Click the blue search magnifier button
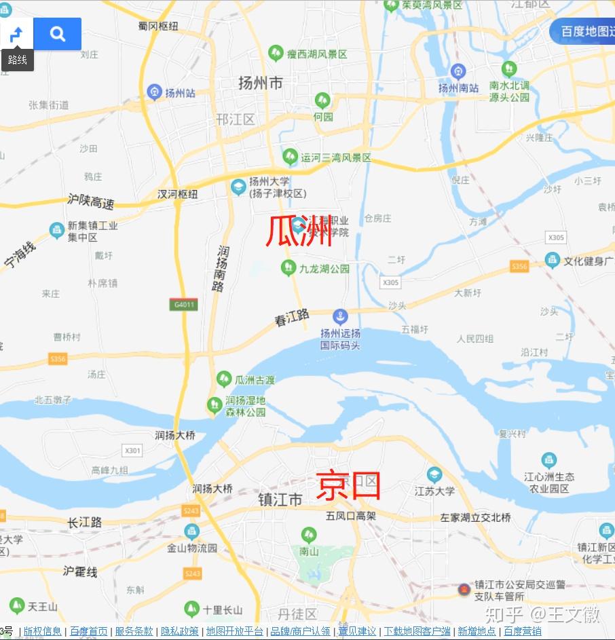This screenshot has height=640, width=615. [58, 33]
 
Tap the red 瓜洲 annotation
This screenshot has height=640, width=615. [299, 231]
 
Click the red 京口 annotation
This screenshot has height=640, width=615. [349, 486]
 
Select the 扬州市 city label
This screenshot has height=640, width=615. [260, 83]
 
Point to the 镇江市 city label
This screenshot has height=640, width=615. [280, 500]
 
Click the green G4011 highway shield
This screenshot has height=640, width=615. [184, 305]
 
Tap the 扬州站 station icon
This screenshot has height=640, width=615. [154, 92]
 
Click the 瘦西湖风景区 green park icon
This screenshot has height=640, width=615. [276, 53]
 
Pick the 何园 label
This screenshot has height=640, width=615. [323, 117]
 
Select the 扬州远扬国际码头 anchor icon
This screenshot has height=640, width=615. [340, 316]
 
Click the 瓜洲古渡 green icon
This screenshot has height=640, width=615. [224, 379]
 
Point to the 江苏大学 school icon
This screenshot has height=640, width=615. [434, 474]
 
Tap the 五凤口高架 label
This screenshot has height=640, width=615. [351, 516]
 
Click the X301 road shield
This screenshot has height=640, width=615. [132, 450]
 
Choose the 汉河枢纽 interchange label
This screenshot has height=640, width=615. [178, 194]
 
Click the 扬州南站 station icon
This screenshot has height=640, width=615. [458, 71]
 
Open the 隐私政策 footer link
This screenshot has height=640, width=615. [180, 631]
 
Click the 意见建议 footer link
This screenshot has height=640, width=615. [357, 631]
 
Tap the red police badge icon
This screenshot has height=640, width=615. [464, 588]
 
